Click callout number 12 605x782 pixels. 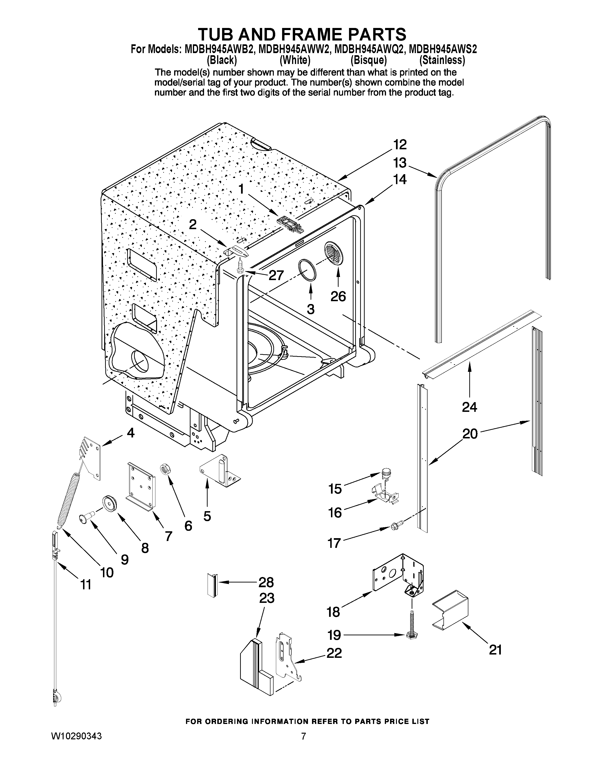click(x=400, y=145)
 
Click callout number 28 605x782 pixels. click(x=266, y=582)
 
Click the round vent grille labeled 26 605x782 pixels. click(x=334, y=255)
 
